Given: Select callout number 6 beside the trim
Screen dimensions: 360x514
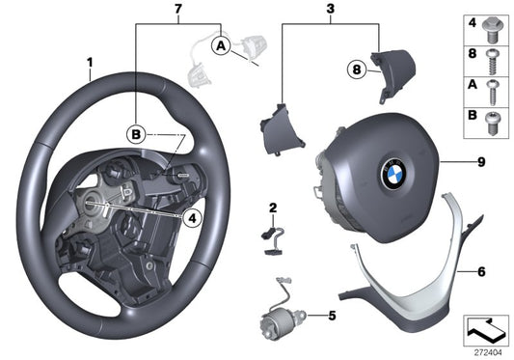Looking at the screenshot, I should (479, 271).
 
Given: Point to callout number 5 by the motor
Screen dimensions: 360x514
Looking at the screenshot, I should (332, 315).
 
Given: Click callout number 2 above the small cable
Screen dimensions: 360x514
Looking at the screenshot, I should (273, 208).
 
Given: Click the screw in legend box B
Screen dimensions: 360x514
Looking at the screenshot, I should (494, 124).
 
